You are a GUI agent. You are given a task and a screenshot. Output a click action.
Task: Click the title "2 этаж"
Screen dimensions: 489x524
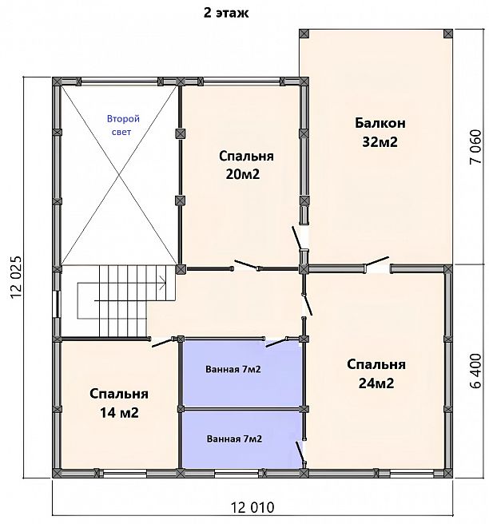pyautogui.click(x=226, y=13)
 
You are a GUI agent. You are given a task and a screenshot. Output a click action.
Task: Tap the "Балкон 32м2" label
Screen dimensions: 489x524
pyautogui.click(x=380, y=133)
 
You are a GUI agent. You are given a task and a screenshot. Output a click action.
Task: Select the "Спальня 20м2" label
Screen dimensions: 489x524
pyautogui.click(x=246, y=165)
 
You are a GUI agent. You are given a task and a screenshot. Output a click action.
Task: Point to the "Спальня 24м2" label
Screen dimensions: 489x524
pyautogui.click(x=376, y=374)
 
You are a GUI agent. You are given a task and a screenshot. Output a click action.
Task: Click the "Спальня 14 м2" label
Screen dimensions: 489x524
pyautogui.click(x=119, y=403)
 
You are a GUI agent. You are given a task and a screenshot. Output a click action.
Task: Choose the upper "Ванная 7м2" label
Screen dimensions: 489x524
pyautogui.click(x=233, y=369)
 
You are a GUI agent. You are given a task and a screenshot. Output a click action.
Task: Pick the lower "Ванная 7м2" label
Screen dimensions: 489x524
pyautogui.click(x=234, y=439)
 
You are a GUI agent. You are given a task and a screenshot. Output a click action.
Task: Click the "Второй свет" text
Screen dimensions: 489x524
pyautogui.click(x=123, y=125)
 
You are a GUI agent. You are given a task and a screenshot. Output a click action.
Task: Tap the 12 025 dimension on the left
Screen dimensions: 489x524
pyautogui.click(x=16, y=278)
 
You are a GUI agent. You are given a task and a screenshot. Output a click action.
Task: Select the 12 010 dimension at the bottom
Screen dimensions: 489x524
pyautogui.click(x=252, y=507)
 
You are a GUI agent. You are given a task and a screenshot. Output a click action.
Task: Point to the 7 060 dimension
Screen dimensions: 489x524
pyautogui.click(x=475, y=147)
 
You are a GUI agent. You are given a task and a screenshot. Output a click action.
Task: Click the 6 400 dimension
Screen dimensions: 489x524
pyautogui.click(x=475, y=371)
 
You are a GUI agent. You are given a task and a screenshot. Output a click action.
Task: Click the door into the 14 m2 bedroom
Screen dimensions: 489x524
pyautogui.click(x=163, y=342)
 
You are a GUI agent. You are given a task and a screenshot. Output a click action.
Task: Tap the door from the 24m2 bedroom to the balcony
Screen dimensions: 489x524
pyautogui.click(x=377, y=261)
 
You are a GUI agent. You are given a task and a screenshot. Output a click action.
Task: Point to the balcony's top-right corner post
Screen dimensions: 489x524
pyautogui.click(x=448, y=34)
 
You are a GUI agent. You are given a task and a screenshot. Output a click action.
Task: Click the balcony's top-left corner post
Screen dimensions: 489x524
pyautogui.click(x=304, y=34)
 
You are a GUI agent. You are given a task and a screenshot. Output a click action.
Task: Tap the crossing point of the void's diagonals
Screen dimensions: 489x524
pyautogui.click(x=119, y=175)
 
